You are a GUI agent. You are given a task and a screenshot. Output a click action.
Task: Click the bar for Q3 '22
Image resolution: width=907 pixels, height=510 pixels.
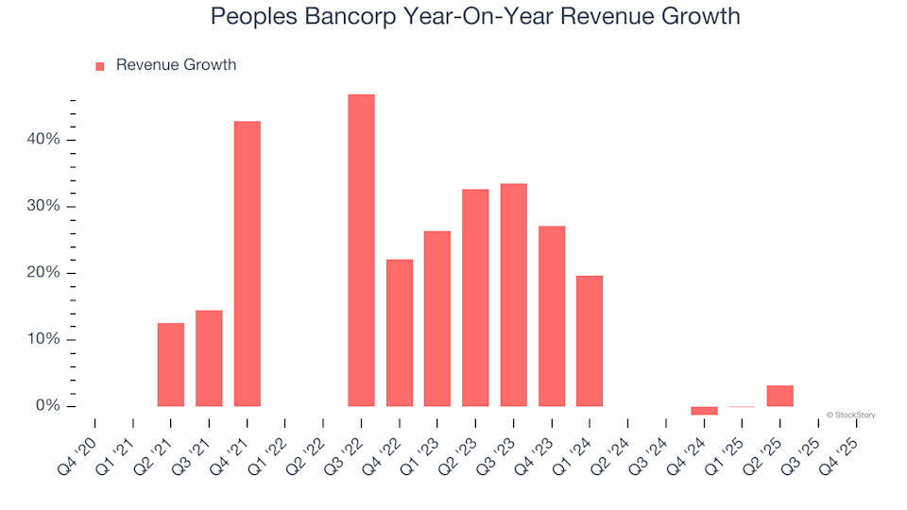click(x=361, y=250)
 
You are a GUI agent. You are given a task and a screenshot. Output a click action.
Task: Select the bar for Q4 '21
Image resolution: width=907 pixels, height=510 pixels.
click(x=247, y=263)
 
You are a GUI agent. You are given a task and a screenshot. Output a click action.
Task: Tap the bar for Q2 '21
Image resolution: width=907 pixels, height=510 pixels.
click(x=171, y=365)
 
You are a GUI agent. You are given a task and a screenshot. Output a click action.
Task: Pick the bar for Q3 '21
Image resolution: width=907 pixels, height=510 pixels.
click(x=209, y=358)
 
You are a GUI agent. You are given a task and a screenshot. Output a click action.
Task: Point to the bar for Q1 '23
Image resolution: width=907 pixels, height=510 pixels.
click(x=437, y=318)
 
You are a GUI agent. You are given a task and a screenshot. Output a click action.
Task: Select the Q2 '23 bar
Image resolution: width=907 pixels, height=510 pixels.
click(x=475, y=297)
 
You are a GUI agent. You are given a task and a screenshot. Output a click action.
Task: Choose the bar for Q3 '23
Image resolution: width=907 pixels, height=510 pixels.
click(x=514, y=295)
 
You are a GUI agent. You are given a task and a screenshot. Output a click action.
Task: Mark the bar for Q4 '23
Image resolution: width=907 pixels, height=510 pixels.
click(x=552, y=316)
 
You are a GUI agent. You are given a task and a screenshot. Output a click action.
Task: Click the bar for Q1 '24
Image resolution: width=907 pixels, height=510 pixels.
click(x=590, y=341)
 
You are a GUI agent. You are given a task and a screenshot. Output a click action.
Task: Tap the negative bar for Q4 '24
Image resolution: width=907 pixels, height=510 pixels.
click(x=704, y=411)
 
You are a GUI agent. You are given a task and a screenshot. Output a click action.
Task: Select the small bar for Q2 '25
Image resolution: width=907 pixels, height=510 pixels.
click(x=780, y=396)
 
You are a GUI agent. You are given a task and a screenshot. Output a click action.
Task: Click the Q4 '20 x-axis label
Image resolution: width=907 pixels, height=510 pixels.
click(x=77, y=440)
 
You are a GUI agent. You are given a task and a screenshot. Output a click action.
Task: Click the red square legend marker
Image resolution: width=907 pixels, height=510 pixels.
click(x=100, y=66)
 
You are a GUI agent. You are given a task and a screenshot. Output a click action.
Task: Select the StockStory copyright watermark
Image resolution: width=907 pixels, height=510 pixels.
click(x=850, y=415)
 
